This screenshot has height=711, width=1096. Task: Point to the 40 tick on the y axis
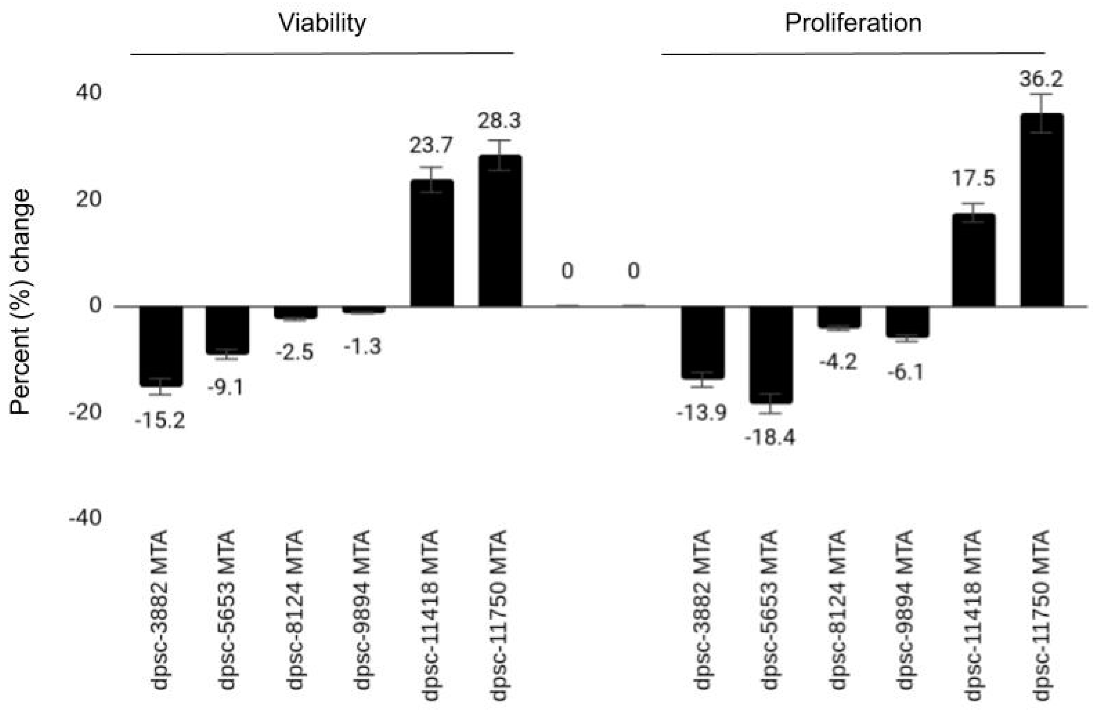coord(89,93)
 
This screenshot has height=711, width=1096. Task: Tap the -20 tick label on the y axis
coord(85,412)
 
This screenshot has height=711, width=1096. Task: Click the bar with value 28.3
coord(500,231)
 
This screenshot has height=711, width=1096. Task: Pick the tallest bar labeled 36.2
coord(1042,210)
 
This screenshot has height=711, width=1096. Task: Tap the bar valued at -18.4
coord(770,354)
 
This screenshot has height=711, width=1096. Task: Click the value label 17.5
coord(973,178)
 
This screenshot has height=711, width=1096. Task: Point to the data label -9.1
coord(225,388)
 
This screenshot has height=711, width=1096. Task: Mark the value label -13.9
coord(701,413)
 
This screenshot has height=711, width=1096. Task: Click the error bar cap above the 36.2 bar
coord(1042,94)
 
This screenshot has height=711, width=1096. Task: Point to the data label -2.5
coord(295,353)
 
